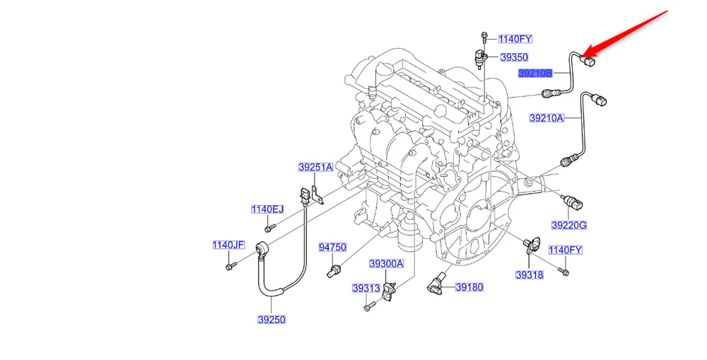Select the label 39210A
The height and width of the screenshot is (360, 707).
click(547, 118)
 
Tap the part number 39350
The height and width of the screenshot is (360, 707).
click(514, 57)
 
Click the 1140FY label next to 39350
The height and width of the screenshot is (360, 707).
click(515, 40)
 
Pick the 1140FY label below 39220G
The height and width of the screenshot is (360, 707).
click(566, 250)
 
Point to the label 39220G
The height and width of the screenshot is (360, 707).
click(569, 226)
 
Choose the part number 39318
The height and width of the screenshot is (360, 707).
click(529, 274)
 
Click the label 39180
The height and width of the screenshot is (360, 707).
click(469, 288)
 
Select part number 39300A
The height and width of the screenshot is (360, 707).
click(386, 264)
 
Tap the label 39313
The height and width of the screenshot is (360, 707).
click(367, 289)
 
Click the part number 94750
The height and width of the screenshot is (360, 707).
click(332, 248)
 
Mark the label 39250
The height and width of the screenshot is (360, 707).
click(271, 320)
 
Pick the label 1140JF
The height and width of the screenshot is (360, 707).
click(228, 245)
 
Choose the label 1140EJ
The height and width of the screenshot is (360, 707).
click(267, 209)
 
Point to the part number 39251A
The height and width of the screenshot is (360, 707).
click(315, 168)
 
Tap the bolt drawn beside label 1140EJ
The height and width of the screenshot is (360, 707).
click(269, 228)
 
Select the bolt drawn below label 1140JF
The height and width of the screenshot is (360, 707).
click(230, 266)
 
